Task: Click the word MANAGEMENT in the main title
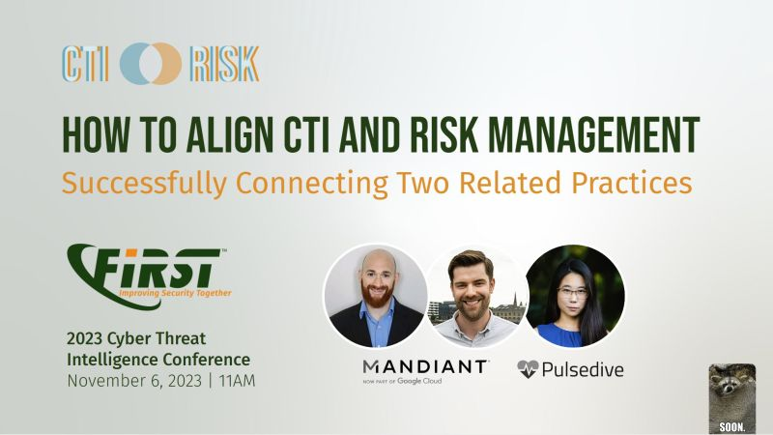click(593, 134)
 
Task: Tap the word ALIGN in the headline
click(230, 134)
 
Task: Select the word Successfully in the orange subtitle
click(144, 184)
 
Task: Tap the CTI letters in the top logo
click(85, 64)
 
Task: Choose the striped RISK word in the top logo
click(224, 64)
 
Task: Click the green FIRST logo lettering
click(148, 269)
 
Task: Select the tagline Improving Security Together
click(175, 293)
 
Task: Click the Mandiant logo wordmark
click(424, 367)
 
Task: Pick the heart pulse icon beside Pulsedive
click(528, 369)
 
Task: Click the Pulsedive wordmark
click(583, 369)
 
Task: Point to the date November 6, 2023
click(134, 381)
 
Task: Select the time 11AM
click(237, 381)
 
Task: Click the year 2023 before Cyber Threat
click(84, 339)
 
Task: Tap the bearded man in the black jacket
click(376, 296)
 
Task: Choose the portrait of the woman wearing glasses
click(574, 296)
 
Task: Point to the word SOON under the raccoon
click(732, 427)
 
